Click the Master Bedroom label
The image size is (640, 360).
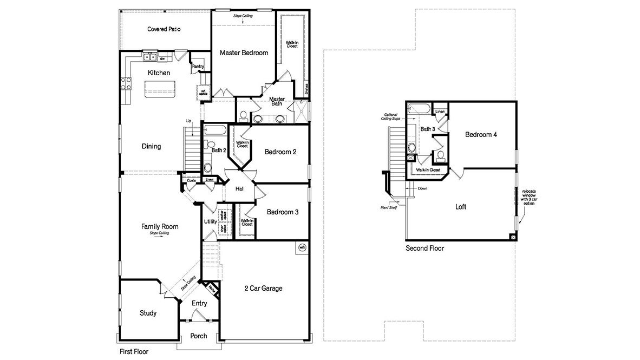click(x=244, y=53)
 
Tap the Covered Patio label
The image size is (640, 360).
click(x=164, y=29)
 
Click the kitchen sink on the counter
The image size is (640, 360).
click(x=150, y=56)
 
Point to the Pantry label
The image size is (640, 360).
click(x=198, y=67)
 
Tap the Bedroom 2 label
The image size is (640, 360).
click(x=280, y=152)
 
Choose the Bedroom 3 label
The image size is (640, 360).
click(x=282, y=212)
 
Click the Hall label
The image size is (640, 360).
click(x=241, y=189)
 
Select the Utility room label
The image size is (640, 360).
click(x=210, y=221)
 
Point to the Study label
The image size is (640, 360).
click(x=148, y=313)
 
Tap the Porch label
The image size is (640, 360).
click(x=199, y=336)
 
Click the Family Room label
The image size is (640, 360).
click(x=160, y=226)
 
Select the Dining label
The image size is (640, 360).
click(x=151, y=146)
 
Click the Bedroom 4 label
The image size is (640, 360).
click(x=481, y=135)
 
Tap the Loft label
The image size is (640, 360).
click(x=460, y=207)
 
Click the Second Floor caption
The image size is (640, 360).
click(x=425, y=248)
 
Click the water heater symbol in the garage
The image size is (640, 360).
click(x=302, y=247)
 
